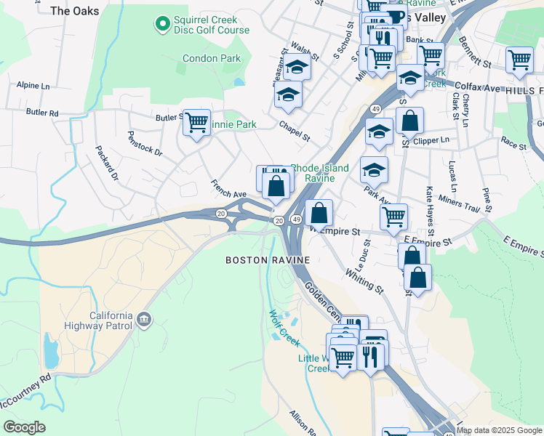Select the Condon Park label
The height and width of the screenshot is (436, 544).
(x=211, y=58)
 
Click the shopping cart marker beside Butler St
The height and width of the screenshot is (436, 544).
(x=196, y=123)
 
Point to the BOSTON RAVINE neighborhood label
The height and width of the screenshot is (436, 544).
(x=268, y=259)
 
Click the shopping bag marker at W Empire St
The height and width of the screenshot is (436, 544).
(x=319, y=214)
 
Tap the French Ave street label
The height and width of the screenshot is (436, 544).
(x=228, y=189)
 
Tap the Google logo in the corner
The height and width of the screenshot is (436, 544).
(x=24, y=427)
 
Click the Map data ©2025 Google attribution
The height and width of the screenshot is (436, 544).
(x=499, y=430)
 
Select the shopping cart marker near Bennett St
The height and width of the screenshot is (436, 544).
(x=519, y=60)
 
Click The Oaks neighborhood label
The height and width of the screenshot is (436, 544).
(x=75, y=11)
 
